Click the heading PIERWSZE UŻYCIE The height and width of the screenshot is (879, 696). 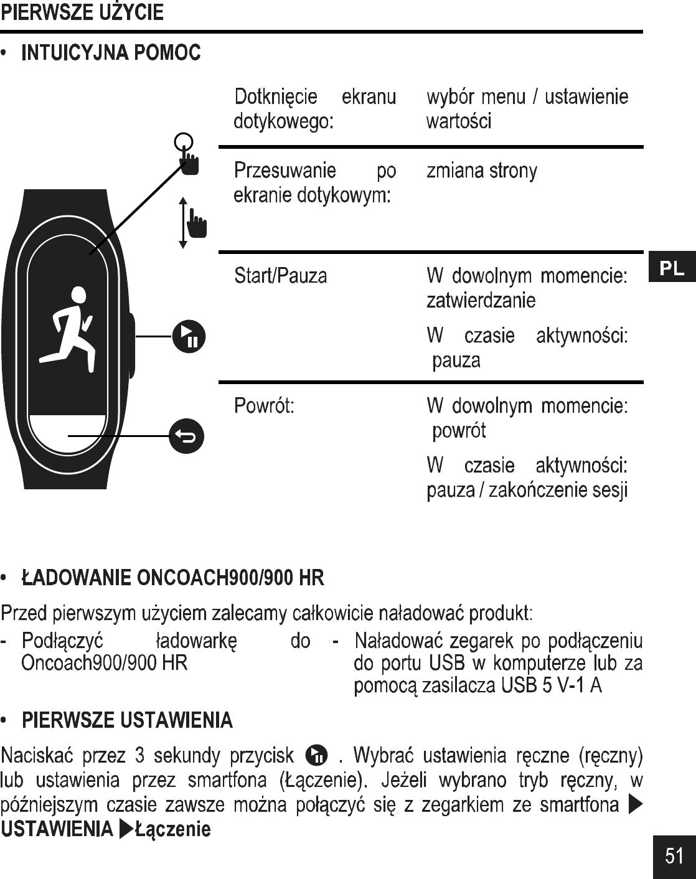pyautogui.click(x=82, y=12)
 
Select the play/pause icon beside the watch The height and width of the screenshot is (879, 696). pyautogui.click(x=187, y=336)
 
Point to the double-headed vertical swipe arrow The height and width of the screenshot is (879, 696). pyautogui.click(x=182, y=223)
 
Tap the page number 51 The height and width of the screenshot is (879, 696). pyautogui.click(x=674, y=856)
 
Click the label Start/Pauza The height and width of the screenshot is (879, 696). pyautogui.click(x=280, y=276)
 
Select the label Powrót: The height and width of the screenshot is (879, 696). pyautogui.click(x=264, y=407)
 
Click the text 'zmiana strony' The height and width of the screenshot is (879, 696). pyautogui.click(x=481, y=171)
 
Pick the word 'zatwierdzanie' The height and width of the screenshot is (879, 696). pyautogui.click(x=481, y=301)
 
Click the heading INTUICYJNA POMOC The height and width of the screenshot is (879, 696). pyautogui.click(x=111, y=54)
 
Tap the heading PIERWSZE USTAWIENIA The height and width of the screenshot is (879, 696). pyautogui.click(x=128, y=721)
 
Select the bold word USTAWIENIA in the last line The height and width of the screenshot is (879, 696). pyautogui.click(x=57, y=829)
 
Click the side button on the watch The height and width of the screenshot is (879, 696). pyautogui.click(x=131, y=345)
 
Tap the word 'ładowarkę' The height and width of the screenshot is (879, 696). pyautogui.click(x=195, y=641)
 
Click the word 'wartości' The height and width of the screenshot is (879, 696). pyautogui.click(x=458, y=121)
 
